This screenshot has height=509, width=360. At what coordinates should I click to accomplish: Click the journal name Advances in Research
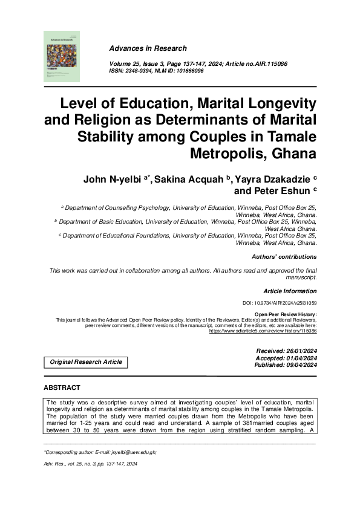click(x=148, y=48)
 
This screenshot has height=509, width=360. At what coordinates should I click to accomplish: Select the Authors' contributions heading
click(x=284, y=257)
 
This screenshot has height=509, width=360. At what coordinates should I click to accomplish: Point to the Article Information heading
click(x=290, y=291)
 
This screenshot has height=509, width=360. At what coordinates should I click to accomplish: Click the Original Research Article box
click(x=85, y=362)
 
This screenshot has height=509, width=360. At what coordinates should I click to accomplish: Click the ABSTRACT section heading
click(x=62, y=387)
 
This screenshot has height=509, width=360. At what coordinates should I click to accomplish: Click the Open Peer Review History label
click(x=286, y=314)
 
